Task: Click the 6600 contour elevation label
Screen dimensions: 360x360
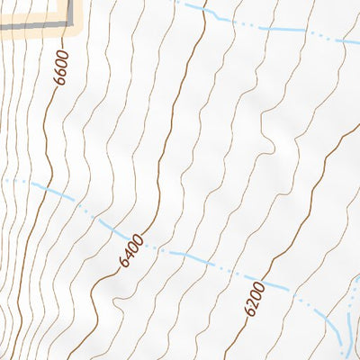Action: tap(61, 69)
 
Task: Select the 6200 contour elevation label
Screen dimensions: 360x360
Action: tap(253, 296)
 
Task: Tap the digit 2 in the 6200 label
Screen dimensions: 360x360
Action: tap(251, 299)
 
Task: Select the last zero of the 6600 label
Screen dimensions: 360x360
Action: tap(62, 58)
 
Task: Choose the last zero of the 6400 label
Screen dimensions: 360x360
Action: tap(138, 239)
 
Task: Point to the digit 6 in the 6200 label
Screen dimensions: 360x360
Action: tap(249, 309)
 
